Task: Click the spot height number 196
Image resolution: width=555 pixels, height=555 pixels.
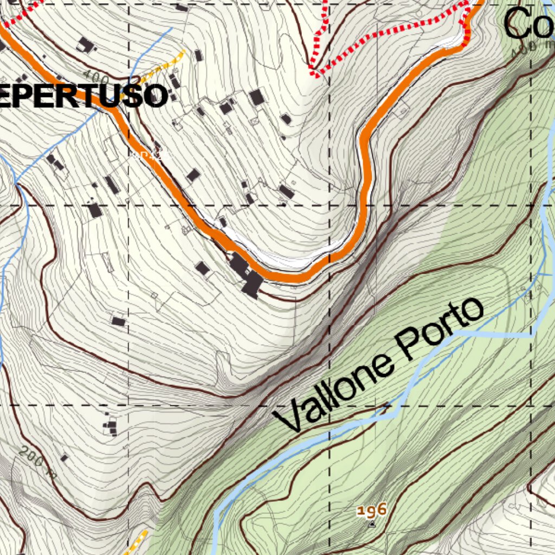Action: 371,510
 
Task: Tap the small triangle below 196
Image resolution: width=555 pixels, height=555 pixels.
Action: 372,524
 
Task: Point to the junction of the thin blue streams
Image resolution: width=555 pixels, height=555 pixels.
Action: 17,183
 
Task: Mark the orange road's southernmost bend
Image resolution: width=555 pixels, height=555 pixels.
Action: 295,278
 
